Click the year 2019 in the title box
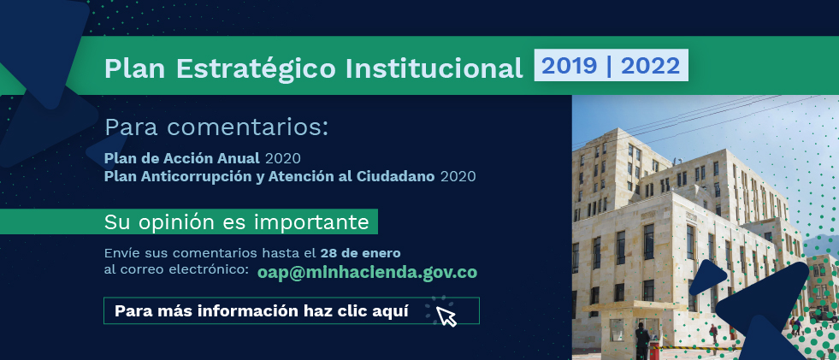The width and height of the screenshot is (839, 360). click(x=570, y=66)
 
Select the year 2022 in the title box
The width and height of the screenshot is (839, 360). click(x=651, y=66)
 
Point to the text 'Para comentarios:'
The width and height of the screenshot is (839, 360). click(x=216, y=128)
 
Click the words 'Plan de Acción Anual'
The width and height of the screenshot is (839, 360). click(x=182, y=158)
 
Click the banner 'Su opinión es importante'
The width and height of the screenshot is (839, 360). click(x=189, y=221)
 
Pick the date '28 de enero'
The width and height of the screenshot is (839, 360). click(x=360, y=252)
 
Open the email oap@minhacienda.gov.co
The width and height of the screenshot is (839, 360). click(x=367, y=272)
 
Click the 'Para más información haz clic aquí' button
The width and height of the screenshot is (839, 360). click(x=291, y=310)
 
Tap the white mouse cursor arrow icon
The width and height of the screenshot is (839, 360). click(x=446, y=316)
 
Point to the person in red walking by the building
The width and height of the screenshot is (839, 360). click(x=714, y=333)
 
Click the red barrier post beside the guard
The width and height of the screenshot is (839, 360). click(x=654, y=351)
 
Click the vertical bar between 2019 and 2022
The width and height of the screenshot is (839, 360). click(x=609, y=66)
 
